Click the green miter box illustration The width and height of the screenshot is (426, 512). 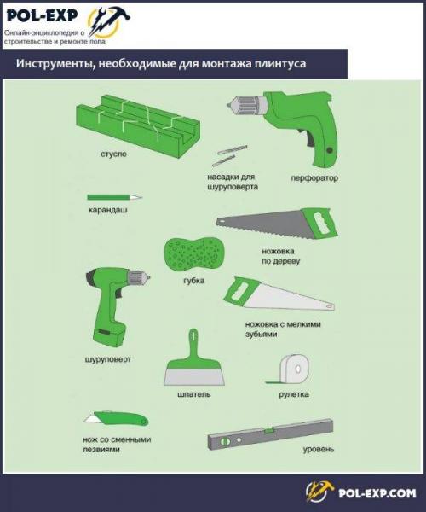pos(137,125)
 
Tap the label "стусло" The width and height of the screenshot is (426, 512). pos(113,154)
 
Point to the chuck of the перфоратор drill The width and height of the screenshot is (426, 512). pos(245,105)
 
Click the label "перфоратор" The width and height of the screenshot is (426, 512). pos(314,178)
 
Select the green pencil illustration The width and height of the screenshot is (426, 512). pos(115,197)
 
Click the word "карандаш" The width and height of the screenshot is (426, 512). pos(107,210)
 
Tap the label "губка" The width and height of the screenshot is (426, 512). pos(194,281)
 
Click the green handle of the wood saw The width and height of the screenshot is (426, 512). pos(321,224)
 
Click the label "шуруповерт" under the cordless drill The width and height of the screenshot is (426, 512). pos(108,359)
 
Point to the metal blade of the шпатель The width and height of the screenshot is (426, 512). pos(194,376)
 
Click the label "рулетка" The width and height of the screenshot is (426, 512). pos(294,394)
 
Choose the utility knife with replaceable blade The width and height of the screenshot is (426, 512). pos(116,418)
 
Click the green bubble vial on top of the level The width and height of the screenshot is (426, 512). pos(269,431)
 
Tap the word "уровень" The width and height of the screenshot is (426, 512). pos(319,450)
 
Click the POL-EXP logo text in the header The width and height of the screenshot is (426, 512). pos(42,15)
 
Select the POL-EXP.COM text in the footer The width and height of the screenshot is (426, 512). pos(377,492)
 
